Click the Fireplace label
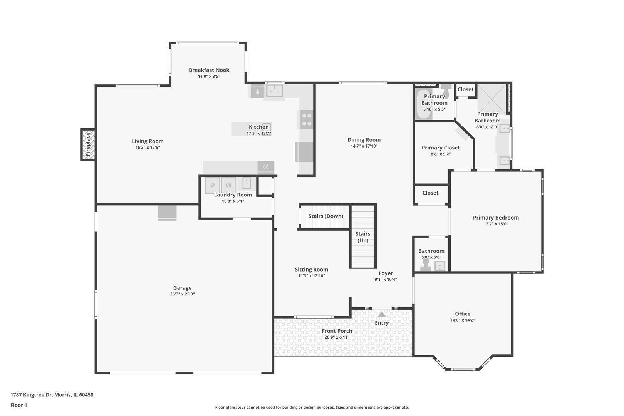click(x=88, y=144)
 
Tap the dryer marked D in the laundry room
click(x=212, y=185)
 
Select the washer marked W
click(x=228, y=185)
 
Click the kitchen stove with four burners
click(x=307, y=119)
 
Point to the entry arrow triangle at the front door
click(x=381, y=315)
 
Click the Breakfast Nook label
click(x=209, y=70)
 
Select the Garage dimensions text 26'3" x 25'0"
click(x=182, y=294)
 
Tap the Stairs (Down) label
click(x=325, y=216)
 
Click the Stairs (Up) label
click(x=362, y=237)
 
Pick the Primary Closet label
click(x=441, y=148)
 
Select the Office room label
click(x=462, y=314)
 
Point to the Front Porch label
click(x=337, y=331)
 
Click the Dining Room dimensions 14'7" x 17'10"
click(x=364, y=146)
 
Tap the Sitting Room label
click(x=311, y=270)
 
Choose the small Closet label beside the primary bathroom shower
click(x=465, y=90)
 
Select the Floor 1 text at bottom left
click(x=18, y=405)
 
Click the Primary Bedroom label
click(x=496, y=218)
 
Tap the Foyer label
click(x=386, y=273)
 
